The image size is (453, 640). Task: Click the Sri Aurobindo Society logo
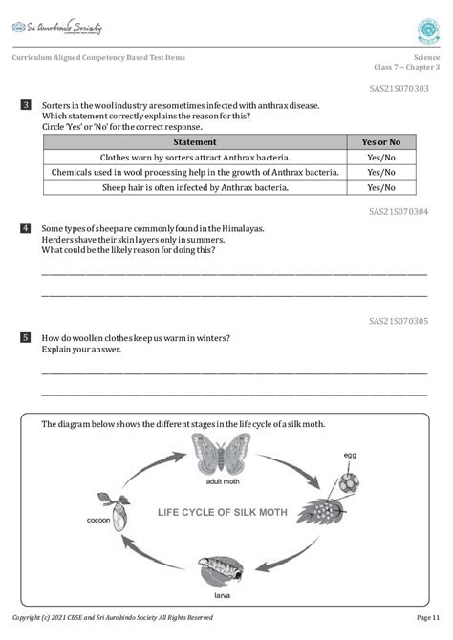56,28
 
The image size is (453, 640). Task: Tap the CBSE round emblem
428,30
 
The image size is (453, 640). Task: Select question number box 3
26,104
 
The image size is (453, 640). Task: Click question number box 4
26,228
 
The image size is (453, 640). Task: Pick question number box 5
26,338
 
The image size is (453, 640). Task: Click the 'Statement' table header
194,141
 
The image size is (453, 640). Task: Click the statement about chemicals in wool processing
194,172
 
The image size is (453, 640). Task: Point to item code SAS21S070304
399,211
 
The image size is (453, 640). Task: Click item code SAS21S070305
399,321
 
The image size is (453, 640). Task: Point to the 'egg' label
350,456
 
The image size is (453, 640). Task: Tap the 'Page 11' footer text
428,618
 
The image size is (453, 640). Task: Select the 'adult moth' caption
221,482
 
